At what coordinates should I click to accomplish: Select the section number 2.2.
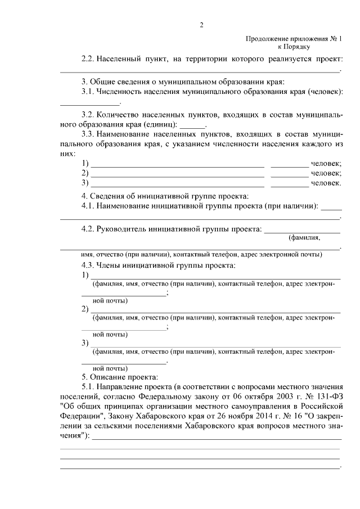click(x=88, y=58)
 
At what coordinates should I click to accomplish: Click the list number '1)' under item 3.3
click(x=85, y=163)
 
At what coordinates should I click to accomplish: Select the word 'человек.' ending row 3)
click(x=327, y=183)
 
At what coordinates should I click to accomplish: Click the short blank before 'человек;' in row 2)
click(x=289, y=173)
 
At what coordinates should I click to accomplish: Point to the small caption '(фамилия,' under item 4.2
click(x=304, y=238)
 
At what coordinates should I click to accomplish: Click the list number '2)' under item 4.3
click(x=85, y=309)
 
